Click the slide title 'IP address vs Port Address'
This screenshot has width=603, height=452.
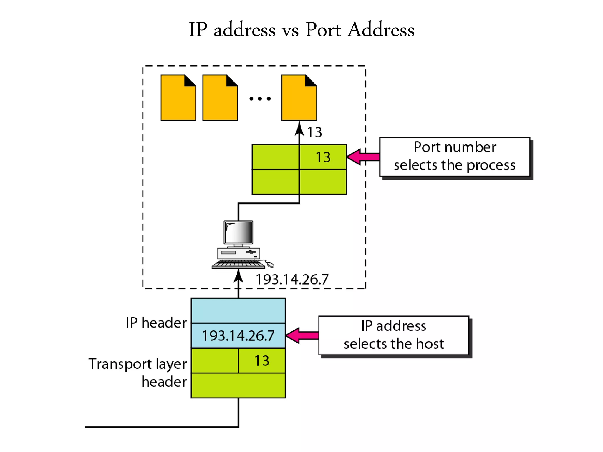pyautogui.click(x=301, y=29)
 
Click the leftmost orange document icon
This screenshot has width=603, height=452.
pyautogui.click(x=178, y=98)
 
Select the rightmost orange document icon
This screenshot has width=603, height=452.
pyautogui.click(x=299, y=98)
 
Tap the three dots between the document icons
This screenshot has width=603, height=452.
pyautogui.click(x=260, y=99)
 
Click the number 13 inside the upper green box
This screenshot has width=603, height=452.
pyautogui.click(x=323, y=157)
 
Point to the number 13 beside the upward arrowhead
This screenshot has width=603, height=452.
pyautogui.click(x=314, y=132)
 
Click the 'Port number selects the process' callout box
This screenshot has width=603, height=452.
pyautogui.click(x=455, y=157)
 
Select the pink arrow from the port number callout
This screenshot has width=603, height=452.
pyautogui.click(x=363, y=157)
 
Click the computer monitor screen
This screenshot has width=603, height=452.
pyautogui.click(x=238, y=232)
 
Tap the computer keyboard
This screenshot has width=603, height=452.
pyautogui.click(x=238, y=264)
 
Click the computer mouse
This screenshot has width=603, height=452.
pyautogui.click(x=270, y=265)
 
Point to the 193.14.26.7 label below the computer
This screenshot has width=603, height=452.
pyautogui.click(x=292, y=279)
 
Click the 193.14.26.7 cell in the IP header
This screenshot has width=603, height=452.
pyautogui.click(x=238, y=335)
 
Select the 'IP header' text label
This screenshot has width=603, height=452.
pyautogui.click(x=156, y=323)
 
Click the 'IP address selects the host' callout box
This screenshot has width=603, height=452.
pyautogui.click(x=394, y=335)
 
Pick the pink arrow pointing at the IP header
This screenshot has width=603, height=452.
pyautogui.click(x=302, y=335)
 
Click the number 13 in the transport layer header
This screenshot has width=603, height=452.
pyautogui.click(x=262, y=361)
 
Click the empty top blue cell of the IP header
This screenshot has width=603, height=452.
pyautogui.click(x=238, y=311)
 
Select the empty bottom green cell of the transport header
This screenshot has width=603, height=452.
pyautogui.click(x=238, y=385)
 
